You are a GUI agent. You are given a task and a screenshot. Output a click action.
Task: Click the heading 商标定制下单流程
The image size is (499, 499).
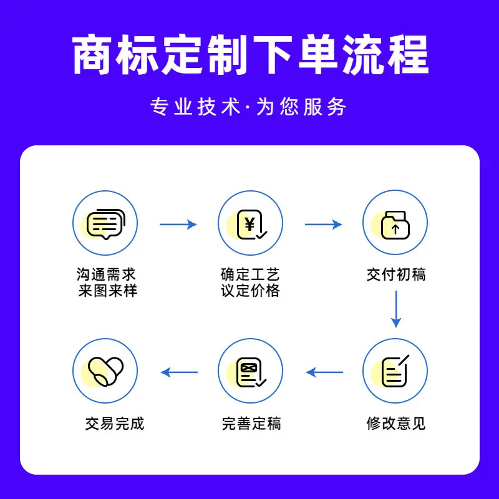(251, 55)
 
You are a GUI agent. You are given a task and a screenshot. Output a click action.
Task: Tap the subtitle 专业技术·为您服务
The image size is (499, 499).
(248, 107)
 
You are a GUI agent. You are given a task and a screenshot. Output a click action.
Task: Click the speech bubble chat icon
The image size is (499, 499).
(106, 224)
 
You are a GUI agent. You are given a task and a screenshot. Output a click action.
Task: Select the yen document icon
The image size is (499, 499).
(251, 225)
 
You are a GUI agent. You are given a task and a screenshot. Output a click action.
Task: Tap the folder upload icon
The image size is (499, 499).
(395, 225)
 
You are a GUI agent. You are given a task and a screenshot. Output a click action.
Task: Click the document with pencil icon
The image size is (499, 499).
(395, 371)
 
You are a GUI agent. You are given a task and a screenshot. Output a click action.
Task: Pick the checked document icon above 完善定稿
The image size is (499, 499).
(251, 372)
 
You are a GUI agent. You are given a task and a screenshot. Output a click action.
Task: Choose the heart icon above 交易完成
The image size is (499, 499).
(105, 371)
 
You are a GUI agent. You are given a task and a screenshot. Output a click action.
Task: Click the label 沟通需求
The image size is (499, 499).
(106, 274)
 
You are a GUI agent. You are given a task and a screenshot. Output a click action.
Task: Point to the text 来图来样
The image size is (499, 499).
(108, 291)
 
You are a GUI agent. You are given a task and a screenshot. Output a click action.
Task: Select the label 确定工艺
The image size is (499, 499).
(250, 274)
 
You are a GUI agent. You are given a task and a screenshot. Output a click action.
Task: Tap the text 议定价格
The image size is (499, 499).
(250, 291)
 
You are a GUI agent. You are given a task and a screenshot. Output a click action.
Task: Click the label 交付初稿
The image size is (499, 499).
(396, 274)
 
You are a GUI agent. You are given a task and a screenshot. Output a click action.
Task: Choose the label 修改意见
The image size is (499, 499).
(396, 424)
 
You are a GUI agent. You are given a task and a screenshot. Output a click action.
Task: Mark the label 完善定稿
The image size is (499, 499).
(251, 424)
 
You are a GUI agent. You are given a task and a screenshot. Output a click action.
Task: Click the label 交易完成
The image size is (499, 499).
(115, 424)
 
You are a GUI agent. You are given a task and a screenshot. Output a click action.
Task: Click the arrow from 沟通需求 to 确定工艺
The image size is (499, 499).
(178, 225)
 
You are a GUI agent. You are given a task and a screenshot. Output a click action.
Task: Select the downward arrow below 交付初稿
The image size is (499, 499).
(396, 309)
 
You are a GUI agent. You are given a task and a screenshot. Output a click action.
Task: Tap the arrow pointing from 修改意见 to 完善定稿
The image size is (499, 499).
(324, 372)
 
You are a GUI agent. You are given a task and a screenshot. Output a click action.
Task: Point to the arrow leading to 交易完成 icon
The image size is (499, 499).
(179, 372)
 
